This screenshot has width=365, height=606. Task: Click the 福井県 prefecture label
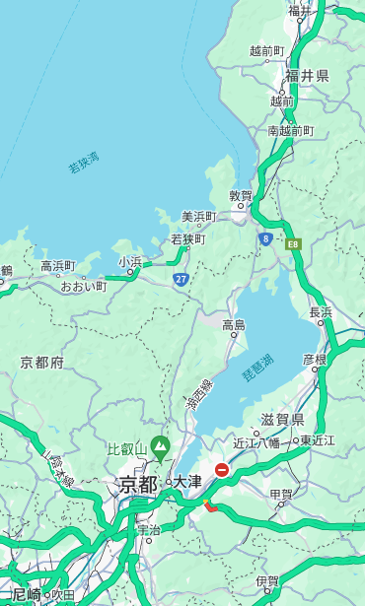(307, 76)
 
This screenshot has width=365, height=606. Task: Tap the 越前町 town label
(266, 50)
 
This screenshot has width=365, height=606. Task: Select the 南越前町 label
(290, 130)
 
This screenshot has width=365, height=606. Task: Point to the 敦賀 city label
(241, 196)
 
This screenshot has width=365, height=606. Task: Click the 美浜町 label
(198, 217)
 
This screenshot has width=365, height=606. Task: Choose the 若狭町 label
(187, 239)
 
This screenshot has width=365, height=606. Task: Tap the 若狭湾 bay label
(84, 163)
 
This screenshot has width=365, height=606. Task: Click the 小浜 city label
(129, 262)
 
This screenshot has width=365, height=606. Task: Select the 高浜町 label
(57, 266)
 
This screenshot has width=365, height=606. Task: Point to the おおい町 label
(84, 287)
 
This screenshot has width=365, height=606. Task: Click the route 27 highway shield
(181, 280)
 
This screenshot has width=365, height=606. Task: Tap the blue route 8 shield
(265, 238)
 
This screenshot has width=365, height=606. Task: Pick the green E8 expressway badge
(293, 243)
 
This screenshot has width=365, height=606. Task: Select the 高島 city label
(234, 325)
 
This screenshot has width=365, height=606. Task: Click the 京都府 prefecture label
(42, 363)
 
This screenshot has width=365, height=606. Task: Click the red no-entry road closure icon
(223, 470)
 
